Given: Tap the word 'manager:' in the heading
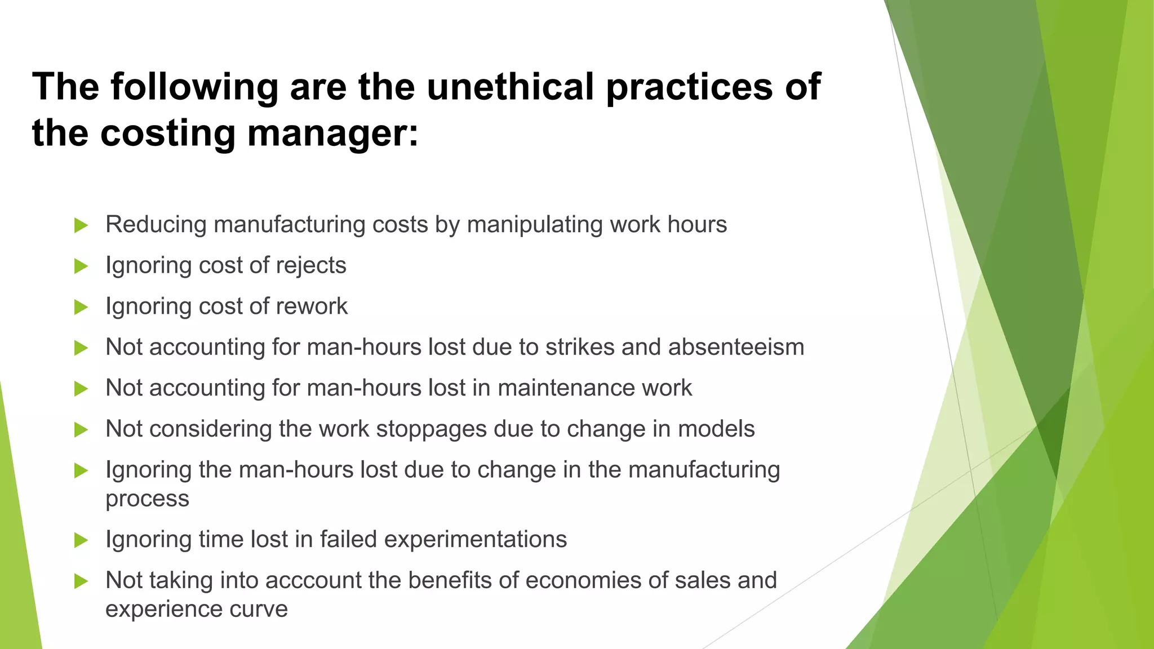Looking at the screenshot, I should (332, 133).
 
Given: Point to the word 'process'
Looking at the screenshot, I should (147, 499).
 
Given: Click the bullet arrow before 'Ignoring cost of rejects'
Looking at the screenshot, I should (81, 266).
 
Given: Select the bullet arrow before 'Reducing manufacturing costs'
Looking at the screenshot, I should (81, 225).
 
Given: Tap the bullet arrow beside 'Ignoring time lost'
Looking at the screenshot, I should (81, 540).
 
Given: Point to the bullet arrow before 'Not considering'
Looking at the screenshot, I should (81, 430).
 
